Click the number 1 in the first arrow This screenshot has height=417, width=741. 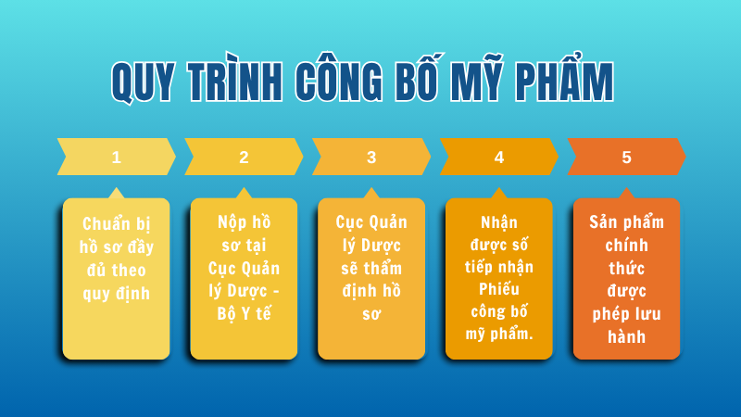click(116, 157)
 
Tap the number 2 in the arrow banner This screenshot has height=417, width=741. click(244, 157)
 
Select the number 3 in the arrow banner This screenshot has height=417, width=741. click(371, 157)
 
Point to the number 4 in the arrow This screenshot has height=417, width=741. click(499, 157)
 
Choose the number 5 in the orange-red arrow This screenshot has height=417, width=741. click(627, 157)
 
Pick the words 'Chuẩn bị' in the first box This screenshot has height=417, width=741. click(116, 224)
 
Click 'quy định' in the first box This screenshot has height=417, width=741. click(116, 294)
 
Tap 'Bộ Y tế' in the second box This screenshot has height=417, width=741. click(244, 312)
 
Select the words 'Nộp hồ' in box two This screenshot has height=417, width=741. click(244, 223)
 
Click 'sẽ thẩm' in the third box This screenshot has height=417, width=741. click(371, 268)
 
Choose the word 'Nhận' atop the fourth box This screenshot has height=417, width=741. click(499, 222)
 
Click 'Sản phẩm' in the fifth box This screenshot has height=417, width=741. click(627, 222)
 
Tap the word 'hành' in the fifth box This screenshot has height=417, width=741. click(627, 335)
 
